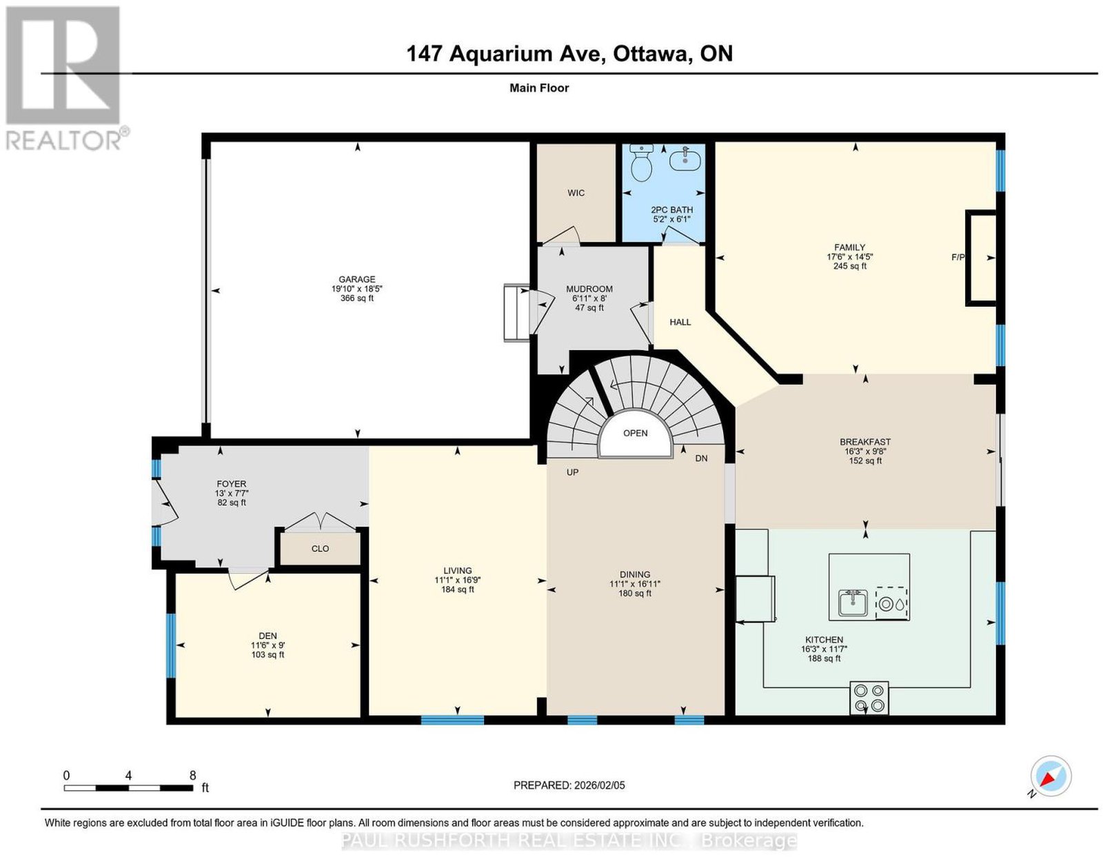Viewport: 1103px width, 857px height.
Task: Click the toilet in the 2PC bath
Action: tap(640, 163)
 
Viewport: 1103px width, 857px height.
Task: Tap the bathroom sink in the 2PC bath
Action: tap(685, 159)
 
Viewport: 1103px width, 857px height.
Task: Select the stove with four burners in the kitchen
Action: tap(869, 698)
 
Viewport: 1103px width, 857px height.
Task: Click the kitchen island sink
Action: tap(853, 603)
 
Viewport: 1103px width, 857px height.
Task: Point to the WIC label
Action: tap(576, 193)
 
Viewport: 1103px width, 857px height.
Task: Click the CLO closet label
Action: tap(321, 549)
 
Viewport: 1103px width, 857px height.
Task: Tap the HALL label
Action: tap(680, 322)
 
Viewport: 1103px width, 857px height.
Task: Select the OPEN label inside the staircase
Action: tap(635, 433)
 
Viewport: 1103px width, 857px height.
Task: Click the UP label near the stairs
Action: tap(573, 472)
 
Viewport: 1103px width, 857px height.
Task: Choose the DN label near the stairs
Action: tap(701, 458)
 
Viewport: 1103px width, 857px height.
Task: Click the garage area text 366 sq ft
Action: tap(357, 298)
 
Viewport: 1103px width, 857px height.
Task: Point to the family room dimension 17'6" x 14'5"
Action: tap(850, 256)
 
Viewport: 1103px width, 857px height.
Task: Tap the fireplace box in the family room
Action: tap(981, 259)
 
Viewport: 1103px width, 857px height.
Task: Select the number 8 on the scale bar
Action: tap(192, 776)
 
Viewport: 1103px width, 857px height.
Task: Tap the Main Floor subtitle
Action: tap(539, 88)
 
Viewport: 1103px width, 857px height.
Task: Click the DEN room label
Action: tap(267, 636)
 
